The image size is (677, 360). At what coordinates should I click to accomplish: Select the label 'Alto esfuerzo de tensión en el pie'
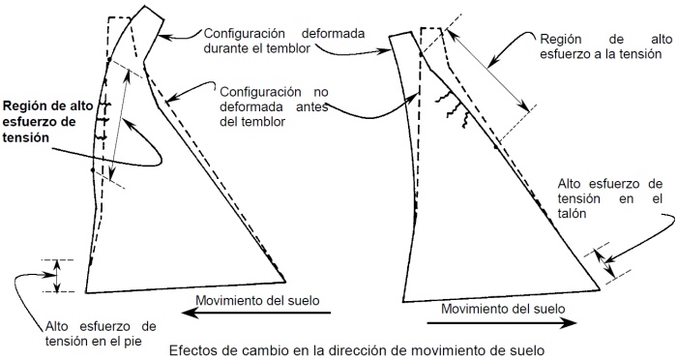[102, 332]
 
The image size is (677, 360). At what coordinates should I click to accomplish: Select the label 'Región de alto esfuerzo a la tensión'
[605, 44]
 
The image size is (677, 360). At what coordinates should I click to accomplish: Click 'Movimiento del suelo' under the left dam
[256, 298]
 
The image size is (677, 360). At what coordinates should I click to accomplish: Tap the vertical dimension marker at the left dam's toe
[57, 275]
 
